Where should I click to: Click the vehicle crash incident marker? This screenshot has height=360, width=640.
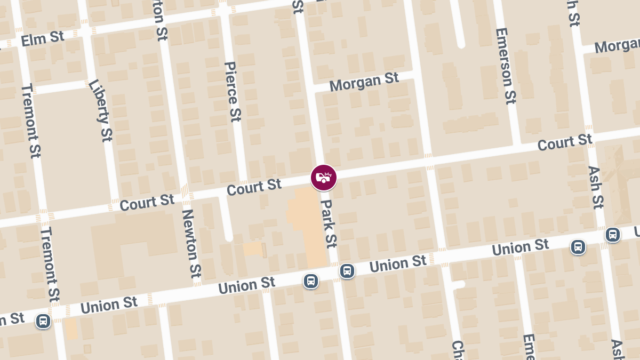(x=324, y=178)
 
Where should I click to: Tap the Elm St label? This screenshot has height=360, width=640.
(x=42, y=39)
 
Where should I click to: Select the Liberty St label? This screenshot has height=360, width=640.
(x=101, y=110)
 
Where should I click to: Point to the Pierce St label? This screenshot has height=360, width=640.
(x=233, y=91)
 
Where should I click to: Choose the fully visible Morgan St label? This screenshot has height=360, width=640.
(x=364, y=82)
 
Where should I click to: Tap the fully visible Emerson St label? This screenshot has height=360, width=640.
(x=506, y=66)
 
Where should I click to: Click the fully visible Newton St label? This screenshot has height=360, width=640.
(x=191, y=243)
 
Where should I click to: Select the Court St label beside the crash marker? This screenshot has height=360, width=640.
(x=254, y=187)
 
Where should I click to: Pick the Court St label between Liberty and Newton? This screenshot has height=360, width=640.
(x=147, y=202)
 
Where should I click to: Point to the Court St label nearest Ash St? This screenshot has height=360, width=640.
(x=564, y=142)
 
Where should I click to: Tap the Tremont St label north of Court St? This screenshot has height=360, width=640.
(x=31, y=121)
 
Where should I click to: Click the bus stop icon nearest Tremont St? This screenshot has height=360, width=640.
(x=43, y=321)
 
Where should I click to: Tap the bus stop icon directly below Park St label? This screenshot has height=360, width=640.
(x=347, y=271)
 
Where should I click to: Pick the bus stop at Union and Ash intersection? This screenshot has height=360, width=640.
(x=613, y=235)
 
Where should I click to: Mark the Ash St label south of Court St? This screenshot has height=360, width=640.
(x=596, y=187)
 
